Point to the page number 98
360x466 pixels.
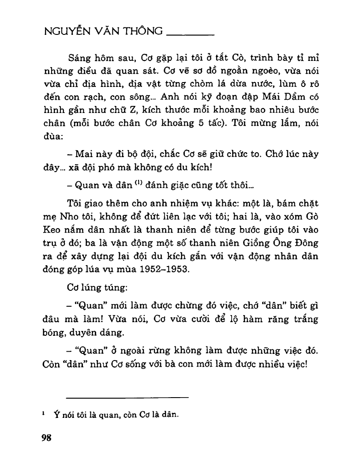[x=46, y=437]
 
